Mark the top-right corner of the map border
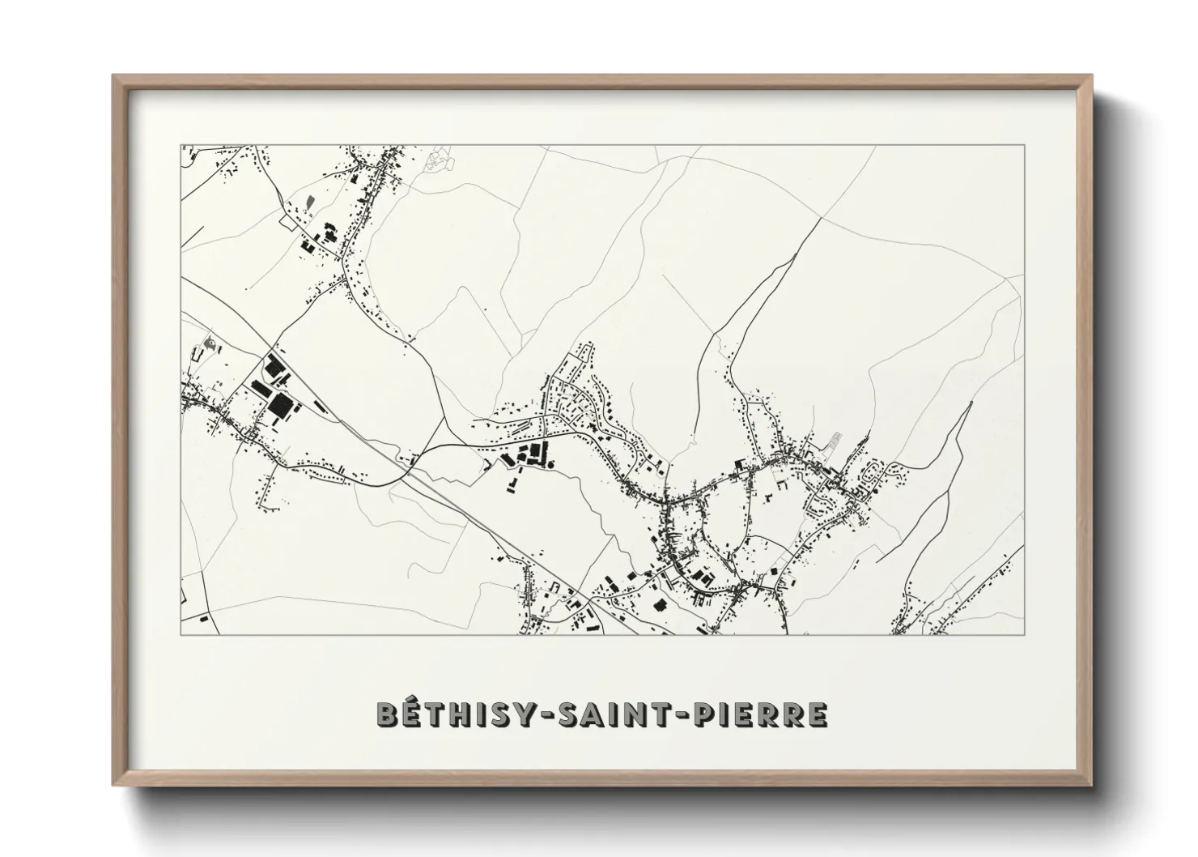tap(1025, 145)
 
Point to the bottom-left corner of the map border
tap(181, 634)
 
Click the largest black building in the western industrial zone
tap(280, 406)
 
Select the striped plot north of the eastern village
tap(833, 441)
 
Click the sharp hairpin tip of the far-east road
tap(970, 403)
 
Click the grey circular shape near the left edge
tap(211, 344)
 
